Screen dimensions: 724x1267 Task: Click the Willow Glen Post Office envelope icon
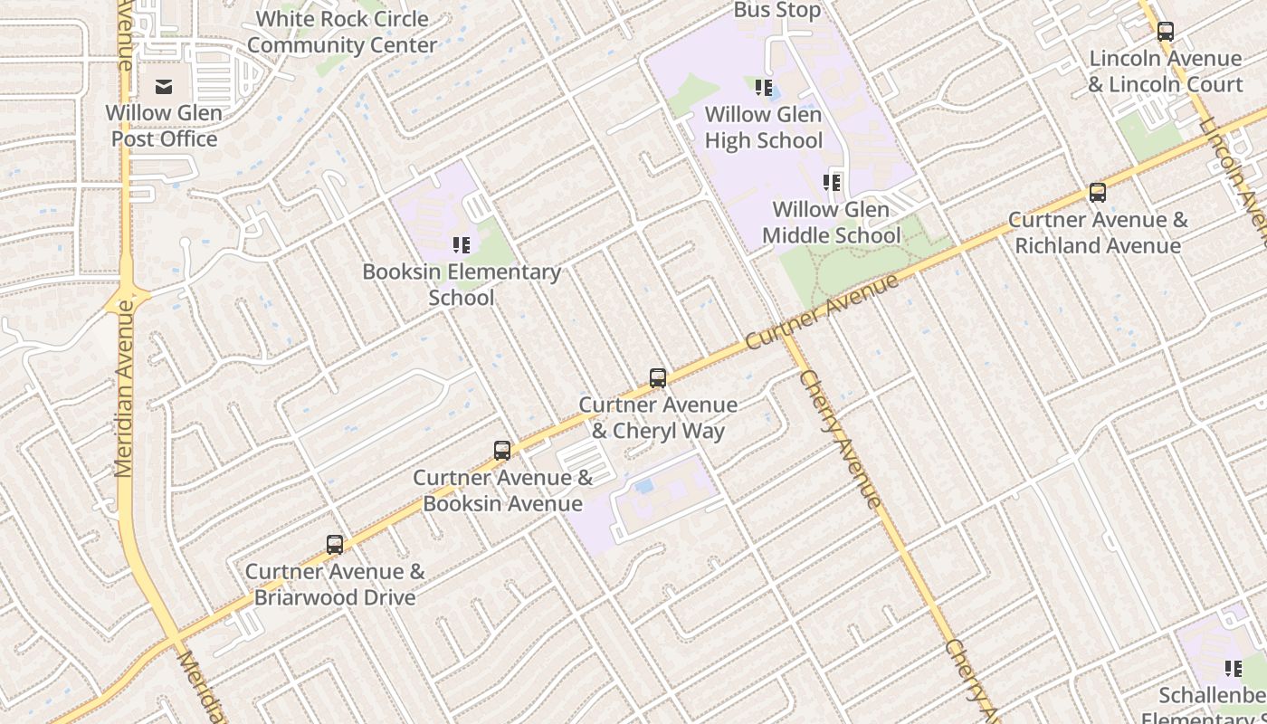164,87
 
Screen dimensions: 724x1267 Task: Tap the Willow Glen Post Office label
164,126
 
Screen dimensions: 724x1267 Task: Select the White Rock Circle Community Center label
341,32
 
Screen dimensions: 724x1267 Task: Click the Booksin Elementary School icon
462,245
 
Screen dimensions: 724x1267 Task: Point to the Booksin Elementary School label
462,284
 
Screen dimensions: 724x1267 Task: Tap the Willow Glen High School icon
764,88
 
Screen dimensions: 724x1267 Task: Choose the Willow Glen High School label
764,128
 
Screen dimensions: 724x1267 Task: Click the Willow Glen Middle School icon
832,183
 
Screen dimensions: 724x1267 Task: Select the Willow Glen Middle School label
832,223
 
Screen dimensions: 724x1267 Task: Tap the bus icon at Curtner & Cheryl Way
658,378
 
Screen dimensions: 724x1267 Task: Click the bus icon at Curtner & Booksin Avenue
502,451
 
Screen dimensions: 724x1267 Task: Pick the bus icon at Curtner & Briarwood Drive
335,545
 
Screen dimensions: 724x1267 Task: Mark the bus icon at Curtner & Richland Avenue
1098,193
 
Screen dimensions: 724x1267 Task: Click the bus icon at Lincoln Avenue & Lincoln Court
1166,32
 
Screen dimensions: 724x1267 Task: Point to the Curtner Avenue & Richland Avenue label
1098,233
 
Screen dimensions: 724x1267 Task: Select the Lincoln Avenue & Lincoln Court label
1166,71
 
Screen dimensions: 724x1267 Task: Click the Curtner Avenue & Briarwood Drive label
335,585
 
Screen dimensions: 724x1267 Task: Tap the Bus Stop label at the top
777,11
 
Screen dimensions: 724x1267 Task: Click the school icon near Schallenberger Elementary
1234,669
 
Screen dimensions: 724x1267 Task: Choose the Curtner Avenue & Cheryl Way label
658,417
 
